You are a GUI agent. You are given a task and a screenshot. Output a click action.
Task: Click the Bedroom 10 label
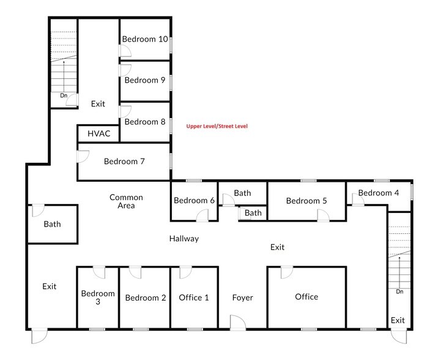pos(145,39)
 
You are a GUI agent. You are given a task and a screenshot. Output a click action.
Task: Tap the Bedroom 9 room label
pos(145,80)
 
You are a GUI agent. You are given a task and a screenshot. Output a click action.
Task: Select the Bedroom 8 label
pos(145,121)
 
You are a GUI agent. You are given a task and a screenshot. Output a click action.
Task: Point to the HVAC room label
pos(98,133)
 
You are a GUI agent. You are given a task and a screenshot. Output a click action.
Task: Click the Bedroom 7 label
pos(124,162)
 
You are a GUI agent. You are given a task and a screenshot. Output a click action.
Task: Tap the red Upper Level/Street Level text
pos(217,126)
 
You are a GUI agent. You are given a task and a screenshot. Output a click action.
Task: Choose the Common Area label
pos(126,201)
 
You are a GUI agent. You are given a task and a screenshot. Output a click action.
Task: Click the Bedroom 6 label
pos(194,201)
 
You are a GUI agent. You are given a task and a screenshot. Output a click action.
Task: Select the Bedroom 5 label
pos(306,201)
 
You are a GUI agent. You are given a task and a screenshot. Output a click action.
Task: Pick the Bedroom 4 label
pos(379,193)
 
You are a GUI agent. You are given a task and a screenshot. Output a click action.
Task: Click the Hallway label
pos(184,239)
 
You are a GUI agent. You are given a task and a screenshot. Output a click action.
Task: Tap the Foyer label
pos(242,298)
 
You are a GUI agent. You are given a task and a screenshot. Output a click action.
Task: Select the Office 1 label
pos(194,298)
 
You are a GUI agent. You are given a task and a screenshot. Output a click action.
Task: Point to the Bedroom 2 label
pos(146,298)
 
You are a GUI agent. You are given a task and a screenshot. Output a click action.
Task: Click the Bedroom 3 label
pos(98,298)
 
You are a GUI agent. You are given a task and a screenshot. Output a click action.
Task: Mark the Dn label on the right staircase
pos(399,291)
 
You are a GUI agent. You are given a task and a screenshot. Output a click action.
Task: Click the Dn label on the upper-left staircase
pos(63,96)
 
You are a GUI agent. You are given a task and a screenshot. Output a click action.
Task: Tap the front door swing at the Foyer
pos(236,322)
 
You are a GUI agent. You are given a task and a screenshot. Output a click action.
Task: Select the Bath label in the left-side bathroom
pos(52,224)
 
